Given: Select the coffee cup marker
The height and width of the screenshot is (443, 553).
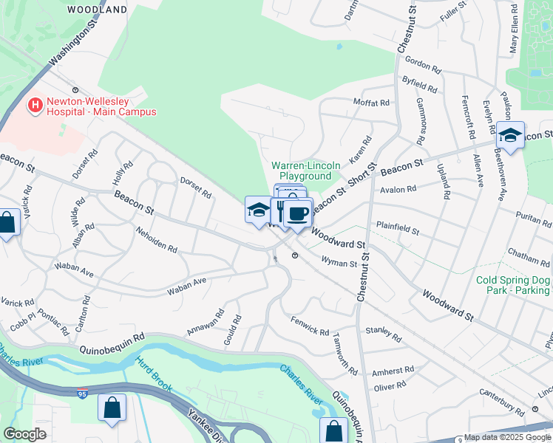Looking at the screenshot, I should (298, 214).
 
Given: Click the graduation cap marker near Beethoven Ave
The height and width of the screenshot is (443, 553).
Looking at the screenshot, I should (510, 135).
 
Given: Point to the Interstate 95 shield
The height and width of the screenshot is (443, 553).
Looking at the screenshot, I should (82, 394).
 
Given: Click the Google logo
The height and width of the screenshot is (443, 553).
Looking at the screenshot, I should (24, 434).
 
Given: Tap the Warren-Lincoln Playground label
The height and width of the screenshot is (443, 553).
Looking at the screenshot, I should (302, 171).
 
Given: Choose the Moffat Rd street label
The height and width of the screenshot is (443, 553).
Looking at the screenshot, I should (371, 103).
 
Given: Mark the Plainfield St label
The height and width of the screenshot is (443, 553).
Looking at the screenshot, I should (398, 225).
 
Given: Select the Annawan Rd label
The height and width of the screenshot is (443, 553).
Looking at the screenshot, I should (206, 322).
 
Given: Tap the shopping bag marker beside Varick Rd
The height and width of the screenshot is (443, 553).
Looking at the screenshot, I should (7, 223).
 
